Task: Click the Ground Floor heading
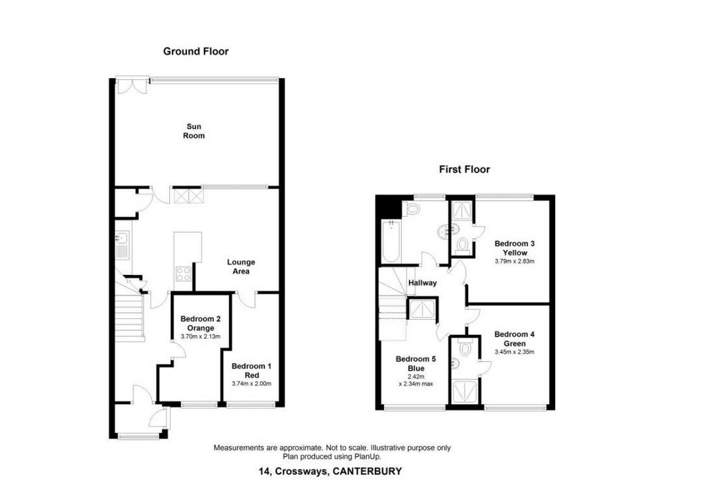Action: pyautogui.click(x=195, y=51)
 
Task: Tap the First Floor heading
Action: pyautogui.click(x=465, y=169)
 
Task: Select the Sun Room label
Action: pyautogui.click(x=194, y=131)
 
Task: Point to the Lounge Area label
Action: pyautogui.click(x=241, y=267)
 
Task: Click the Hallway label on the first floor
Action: pyautogui.click(x=423, y=283)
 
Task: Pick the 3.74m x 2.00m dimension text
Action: pyautogui.click(x=251, y=384)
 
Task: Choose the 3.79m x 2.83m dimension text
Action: pyautogui.click(x=514, y=261)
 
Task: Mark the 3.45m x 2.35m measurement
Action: pyautogui.click(x=514, y=352)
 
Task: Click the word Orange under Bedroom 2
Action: pyautogui.click(x=201, y=328)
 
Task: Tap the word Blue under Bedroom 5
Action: pyautogui.click(x=416, y=368)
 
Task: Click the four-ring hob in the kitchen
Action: pyautogui.click(x=184, y=273)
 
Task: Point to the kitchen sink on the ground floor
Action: pyautogui.click(x=123, y=245)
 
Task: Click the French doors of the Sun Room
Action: pyautogui.click(x=132, y=86)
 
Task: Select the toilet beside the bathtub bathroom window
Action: pyautogui.click(x=413, y=209)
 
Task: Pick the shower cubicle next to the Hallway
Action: pyautogui.click(x=423, y=309)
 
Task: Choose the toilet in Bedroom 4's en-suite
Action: pyautogui.click(x=464, y=348)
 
